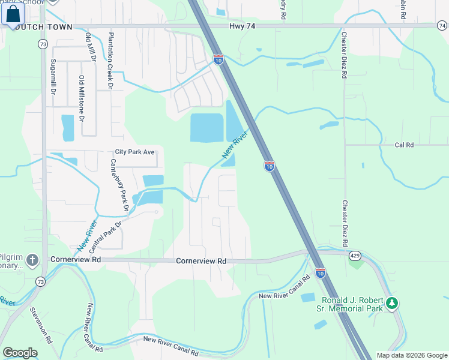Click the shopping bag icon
pyautogui.click(x=13, y=14)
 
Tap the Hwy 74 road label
pyautogui.click(x=243, y=27)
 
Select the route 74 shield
pyautogui.click(x=442, y=26)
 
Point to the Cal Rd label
pyautogui.click(x=404, y=145)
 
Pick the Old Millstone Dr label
pyautogui.click(x=82, y=95)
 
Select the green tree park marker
pyautogui.click(x=392, y=304)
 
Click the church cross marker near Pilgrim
pyautogui.click(x=32, y=260)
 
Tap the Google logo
pyautogui.click(x=20, y=353)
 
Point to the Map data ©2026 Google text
pyautogui.click(x=412, y=355)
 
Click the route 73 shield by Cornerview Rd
pyautogui.click(x=41, y=281)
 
